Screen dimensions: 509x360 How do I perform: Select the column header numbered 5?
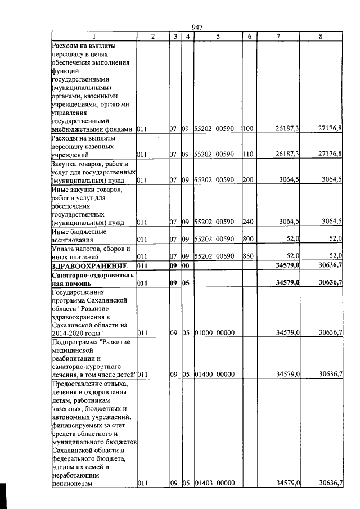[217, 36]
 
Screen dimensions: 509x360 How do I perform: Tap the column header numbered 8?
[321, 36]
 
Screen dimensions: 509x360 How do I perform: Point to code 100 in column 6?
[248, 129]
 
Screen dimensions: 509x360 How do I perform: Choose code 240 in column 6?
[248, 222]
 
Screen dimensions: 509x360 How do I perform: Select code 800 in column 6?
[247, 239]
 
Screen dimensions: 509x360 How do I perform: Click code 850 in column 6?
[247, 256]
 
